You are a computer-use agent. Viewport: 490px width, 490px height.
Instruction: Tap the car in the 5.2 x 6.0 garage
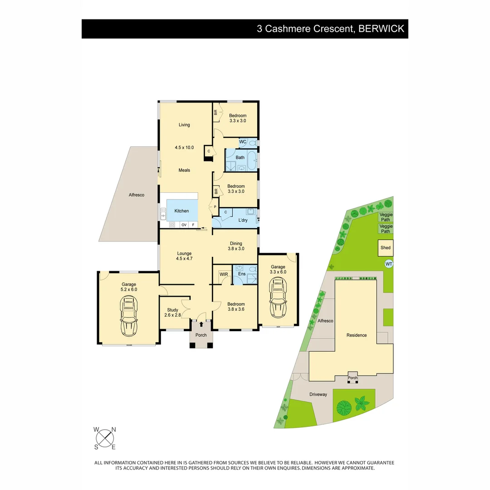tap(128, 316)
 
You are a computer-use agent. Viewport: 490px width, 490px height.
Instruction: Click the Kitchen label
tap(181, 211)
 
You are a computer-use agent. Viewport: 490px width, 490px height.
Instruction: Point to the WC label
tap(243, 142)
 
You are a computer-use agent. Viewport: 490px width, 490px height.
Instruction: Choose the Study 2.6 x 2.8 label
tap(172, 313)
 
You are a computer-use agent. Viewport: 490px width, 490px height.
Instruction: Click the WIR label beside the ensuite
tap(224, 274)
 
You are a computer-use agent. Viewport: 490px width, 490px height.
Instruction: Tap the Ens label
tap(242, 274)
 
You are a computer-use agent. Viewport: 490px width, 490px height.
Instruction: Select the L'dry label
tap(243, 221)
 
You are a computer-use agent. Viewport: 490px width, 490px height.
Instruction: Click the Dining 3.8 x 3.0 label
tap(236, 246)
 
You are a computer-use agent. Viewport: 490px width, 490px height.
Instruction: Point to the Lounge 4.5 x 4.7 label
tap(184, 256)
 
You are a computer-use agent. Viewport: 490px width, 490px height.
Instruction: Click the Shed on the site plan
tap(386, 248)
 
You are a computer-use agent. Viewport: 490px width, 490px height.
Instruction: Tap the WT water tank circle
tap(388, 264)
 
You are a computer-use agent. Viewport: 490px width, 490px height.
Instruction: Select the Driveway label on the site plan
tap(318, 394)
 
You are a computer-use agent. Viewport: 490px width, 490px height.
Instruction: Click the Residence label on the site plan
tap(357, 335)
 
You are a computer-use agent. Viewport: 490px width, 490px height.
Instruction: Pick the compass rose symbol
tap(105, 438)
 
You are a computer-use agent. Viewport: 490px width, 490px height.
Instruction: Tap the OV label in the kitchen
tap(184, 225)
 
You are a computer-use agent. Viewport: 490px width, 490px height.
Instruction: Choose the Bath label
tap(240, 157)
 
